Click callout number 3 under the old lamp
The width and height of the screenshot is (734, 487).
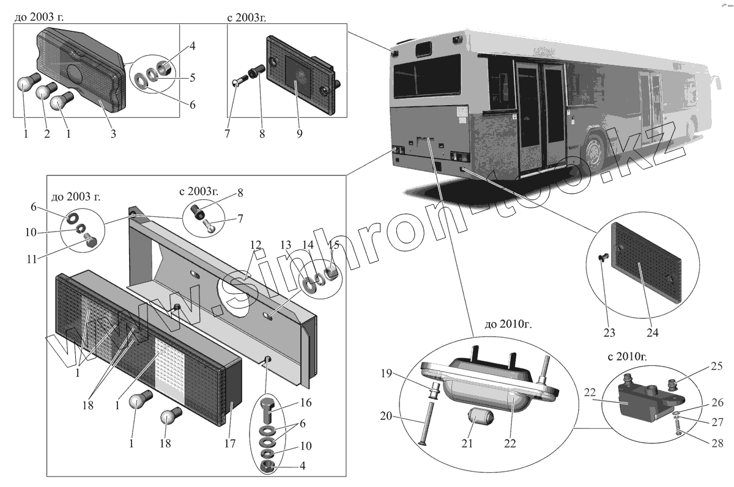[113, 134]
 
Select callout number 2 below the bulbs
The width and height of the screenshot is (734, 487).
[46, 134]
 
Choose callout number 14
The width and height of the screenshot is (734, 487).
[306, 246]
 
